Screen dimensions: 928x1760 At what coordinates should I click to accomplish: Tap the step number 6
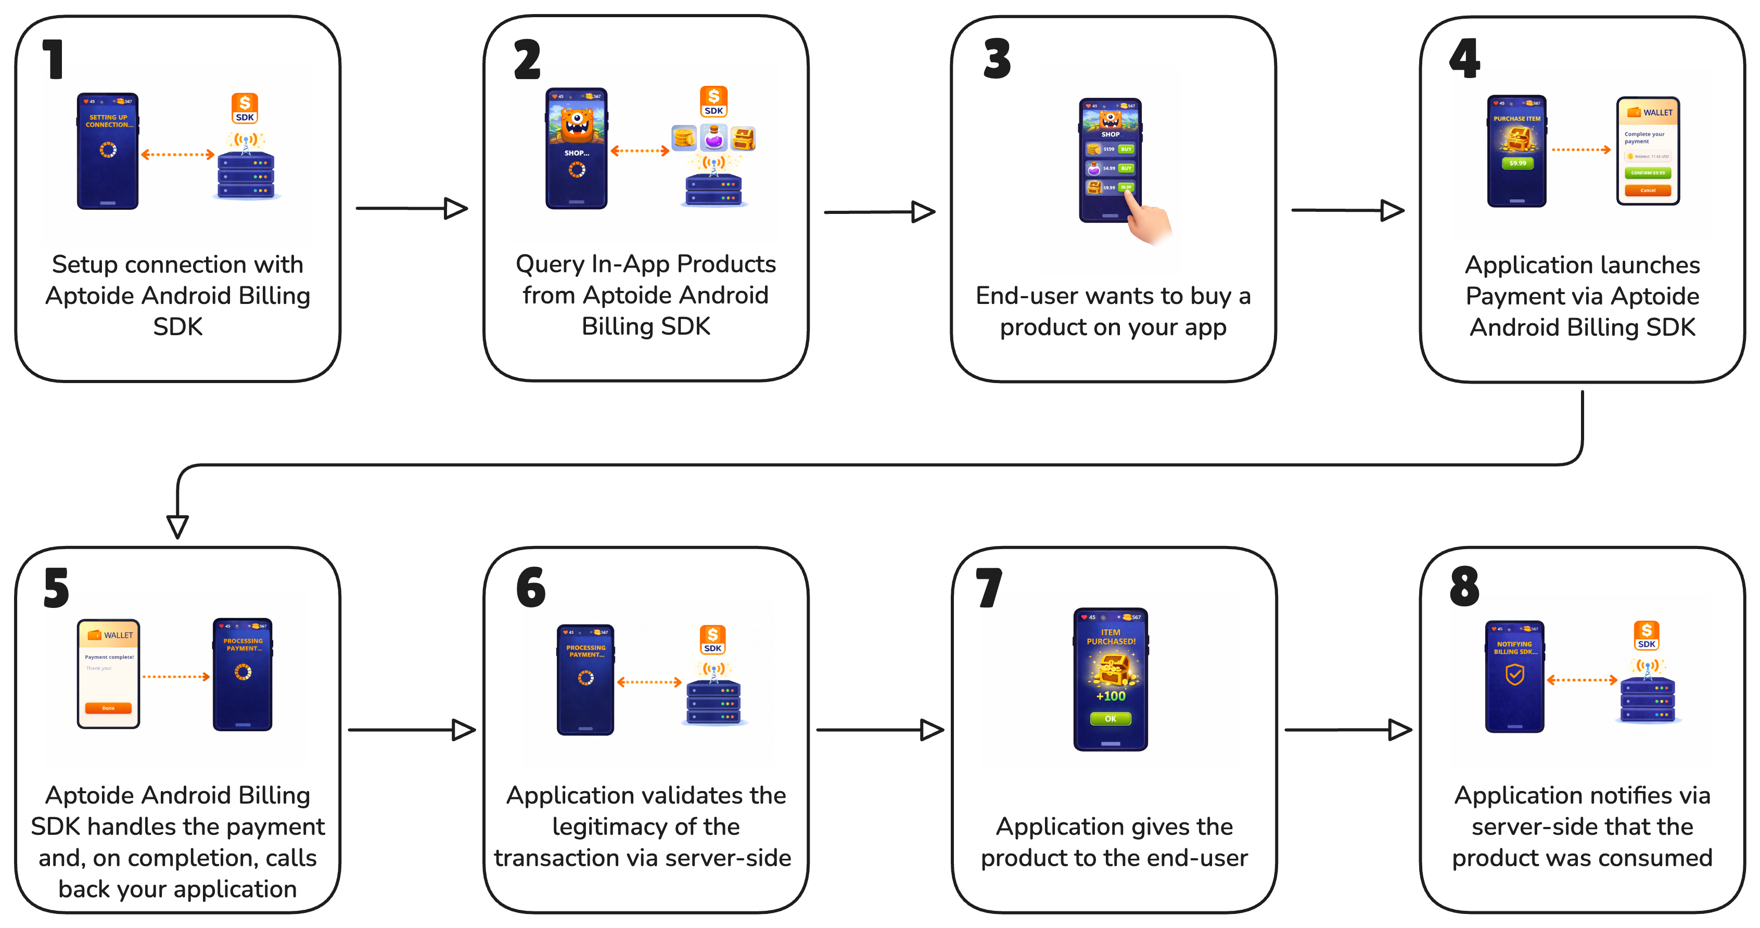pos(531,588)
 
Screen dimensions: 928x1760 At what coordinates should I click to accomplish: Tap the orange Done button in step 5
pos(108,708)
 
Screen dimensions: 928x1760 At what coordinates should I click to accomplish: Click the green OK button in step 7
pos(1110,719)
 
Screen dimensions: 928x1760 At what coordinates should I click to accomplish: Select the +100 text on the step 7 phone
pos(1110,696)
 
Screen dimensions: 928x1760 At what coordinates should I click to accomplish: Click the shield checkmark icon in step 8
pos(1515,675)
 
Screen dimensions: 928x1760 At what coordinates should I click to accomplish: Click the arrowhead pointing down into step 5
pos(177,527)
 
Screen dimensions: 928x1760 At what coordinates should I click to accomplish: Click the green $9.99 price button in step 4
pos(1517,163)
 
